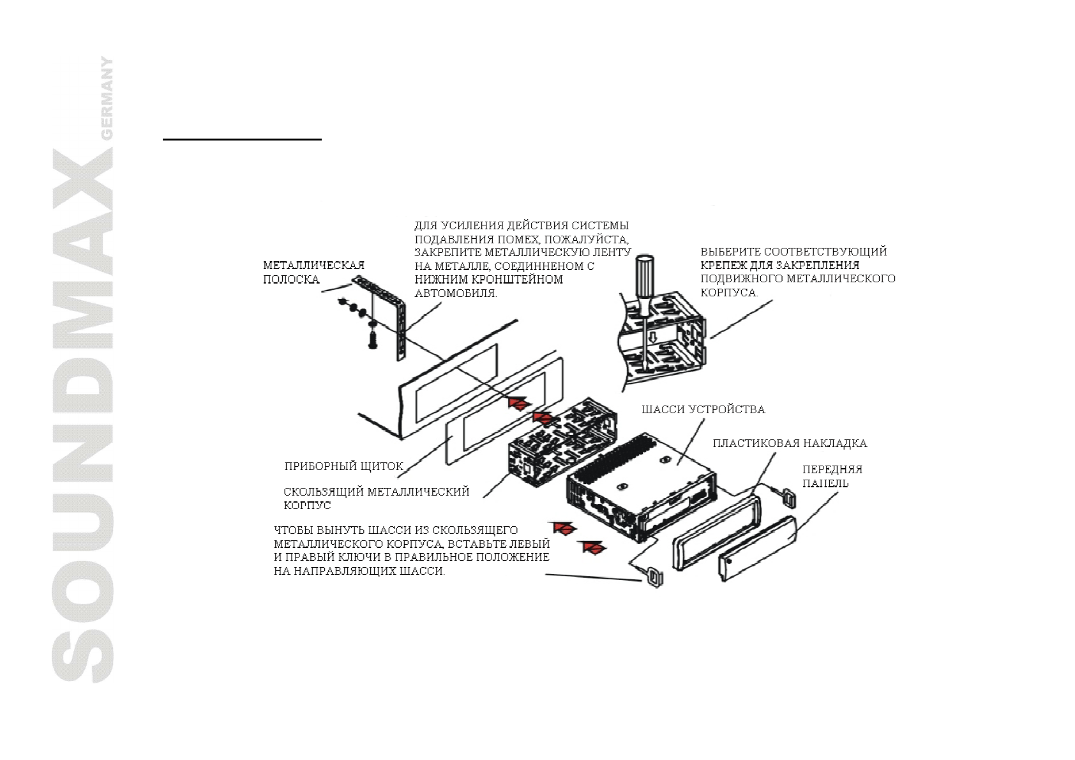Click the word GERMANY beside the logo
(x=106, y=98)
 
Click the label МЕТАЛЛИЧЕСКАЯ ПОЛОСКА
(x=313, y=272)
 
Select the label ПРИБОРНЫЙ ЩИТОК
(x=343, y=466)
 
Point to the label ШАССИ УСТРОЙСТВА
(x=703, y=409)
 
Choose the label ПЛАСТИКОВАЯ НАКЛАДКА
(x=790, y=443)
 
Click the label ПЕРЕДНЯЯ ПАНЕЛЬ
(x=832, y=476)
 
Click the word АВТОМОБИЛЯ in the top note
(x=455, y=294)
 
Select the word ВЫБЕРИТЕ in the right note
(x=730, y=252)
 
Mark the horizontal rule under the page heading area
(x=242, y=139)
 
